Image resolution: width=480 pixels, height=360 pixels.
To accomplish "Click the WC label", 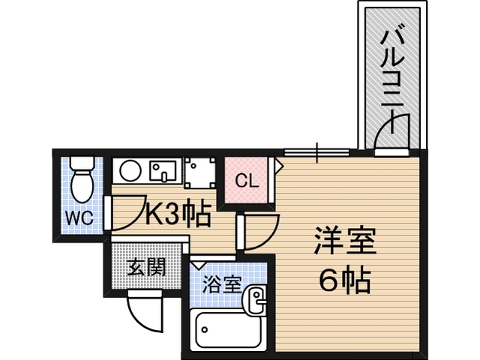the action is pos(79,217).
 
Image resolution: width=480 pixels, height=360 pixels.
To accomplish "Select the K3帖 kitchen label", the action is pos(177,213).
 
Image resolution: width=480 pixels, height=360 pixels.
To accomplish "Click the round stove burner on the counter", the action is pos(130,170).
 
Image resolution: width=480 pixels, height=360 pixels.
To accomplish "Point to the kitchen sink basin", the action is pos(163,171).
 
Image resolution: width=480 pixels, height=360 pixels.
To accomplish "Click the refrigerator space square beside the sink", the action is pos(200,172).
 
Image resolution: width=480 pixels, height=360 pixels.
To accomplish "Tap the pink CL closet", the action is pos(247,180).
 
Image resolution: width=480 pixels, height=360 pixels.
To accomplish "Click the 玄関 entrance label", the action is pos(146,267).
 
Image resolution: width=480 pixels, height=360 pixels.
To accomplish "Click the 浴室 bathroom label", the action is pos(223,284).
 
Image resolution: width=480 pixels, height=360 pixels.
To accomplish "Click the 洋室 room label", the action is pos(345,241).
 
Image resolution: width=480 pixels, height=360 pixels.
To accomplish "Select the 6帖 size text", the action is pos(345,280).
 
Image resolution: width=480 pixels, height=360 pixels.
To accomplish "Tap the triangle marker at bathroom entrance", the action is pos(199,265).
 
